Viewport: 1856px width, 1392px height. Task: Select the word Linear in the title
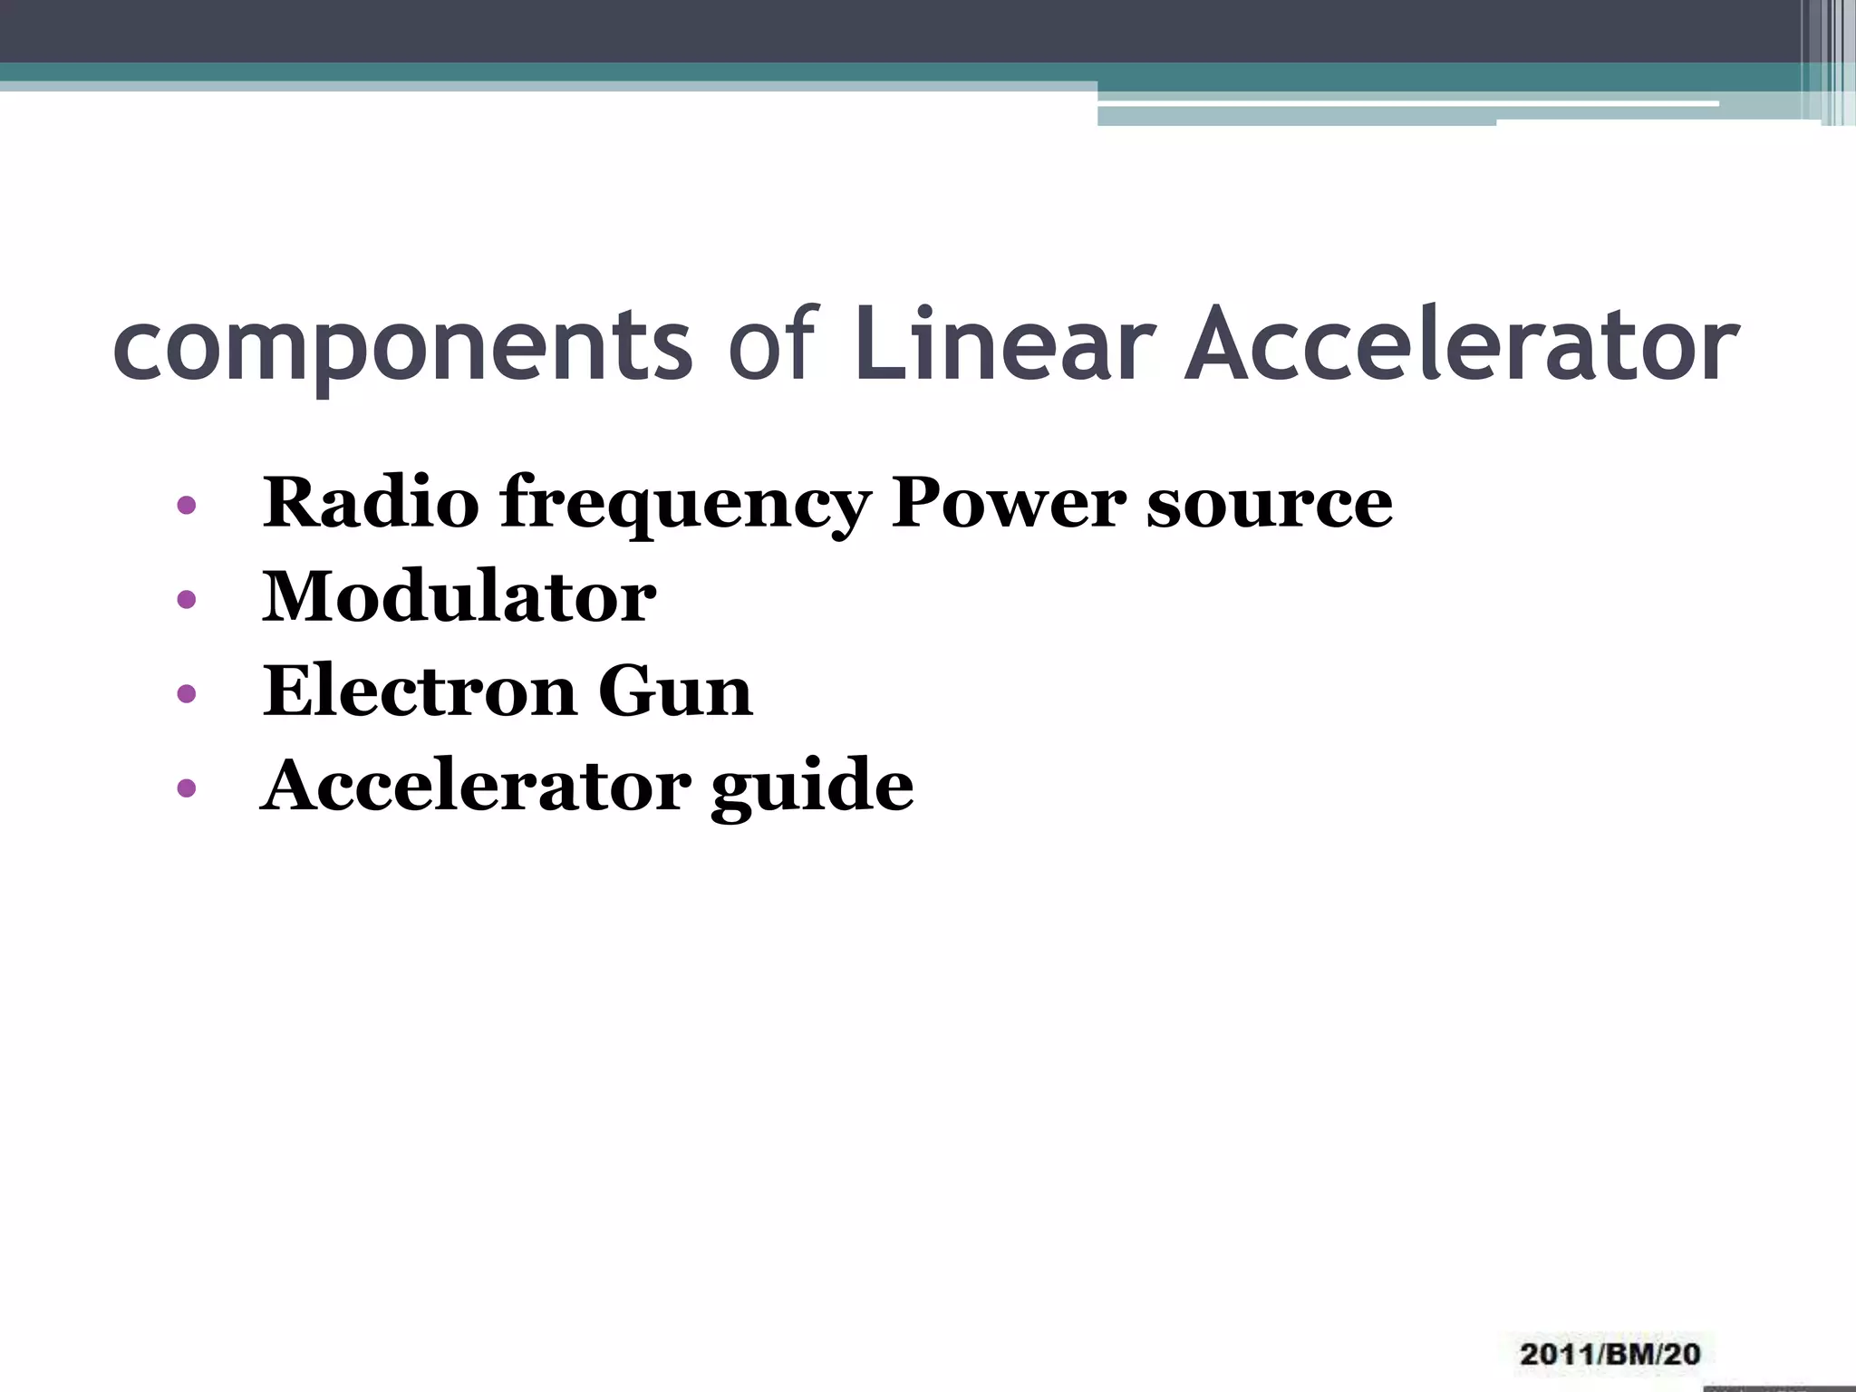click(1004, 343)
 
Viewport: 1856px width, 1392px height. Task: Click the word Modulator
click(459, 597)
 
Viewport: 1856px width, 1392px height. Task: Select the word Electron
click(420, 691)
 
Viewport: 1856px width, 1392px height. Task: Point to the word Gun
click(675, 691)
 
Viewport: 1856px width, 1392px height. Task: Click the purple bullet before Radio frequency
click(187, 506)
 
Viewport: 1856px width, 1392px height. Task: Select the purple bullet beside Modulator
click(187, 600)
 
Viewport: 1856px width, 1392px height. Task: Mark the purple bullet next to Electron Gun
click(187, 694)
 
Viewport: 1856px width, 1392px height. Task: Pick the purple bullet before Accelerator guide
click(187, 788)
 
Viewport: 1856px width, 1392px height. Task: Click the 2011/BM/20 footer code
click(1609, 1354)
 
